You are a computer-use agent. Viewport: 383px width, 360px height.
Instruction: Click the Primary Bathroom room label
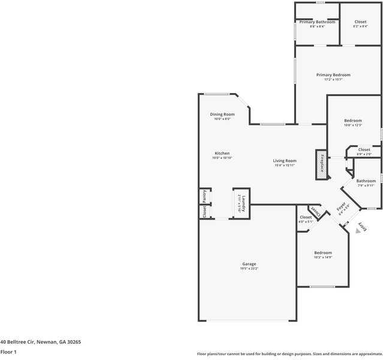(317, 22)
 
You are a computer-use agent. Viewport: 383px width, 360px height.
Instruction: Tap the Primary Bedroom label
(333, 75)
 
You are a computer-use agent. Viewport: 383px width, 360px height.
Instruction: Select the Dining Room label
(222, 114)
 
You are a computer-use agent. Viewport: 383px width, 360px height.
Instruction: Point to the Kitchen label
(221, 154)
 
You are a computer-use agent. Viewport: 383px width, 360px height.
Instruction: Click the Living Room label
(285, 161)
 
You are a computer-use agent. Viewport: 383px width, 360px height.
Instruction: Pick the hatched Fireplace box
(321, 164)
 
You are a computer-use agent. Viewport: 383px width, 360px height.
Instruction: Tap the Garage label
(249, 264)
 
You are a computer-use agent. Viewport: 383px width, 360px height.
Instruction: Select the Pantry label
(204, 196)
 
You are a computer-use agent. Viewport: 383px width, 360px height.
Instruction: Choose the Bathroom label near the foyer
(366, 181)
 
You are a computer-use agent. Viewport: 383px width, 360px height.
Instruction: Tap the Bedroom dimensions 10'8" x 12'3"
(353, 125)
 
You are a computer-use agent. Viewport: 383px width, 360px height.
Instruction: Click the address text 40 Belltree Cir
(40, 342)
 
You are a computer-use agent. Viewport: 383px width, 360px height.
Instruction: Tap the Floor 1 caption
(8, 352)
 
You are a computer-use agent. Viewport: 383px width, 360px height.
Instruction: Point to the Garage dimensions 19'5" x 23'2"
(249, 269)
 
